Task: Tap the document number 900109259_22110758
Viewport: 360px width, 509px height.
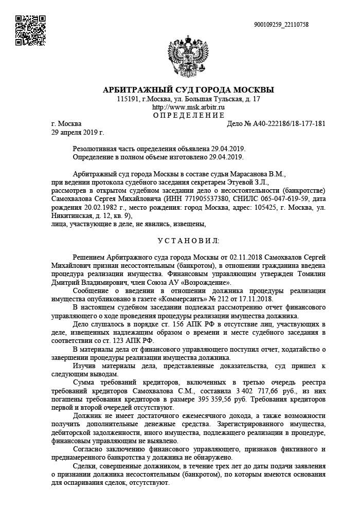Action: pyautogui.click(x=281, y=24)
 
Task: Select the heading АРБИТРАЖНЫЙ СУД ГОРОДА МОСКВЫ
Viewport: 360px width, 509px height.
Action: pyautogui.click(x=188, y=89)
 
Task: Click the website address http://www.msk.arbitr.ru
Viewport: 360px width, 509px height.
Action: pyautogui.click(x=188, y=107)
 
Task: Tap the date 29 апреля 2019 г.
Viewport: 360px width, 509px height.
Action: pyautogui.click(x=78, y=132)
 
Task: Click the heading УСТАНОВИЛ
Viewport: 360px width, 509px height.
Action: pyautogui.click(x=188, y=241)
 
